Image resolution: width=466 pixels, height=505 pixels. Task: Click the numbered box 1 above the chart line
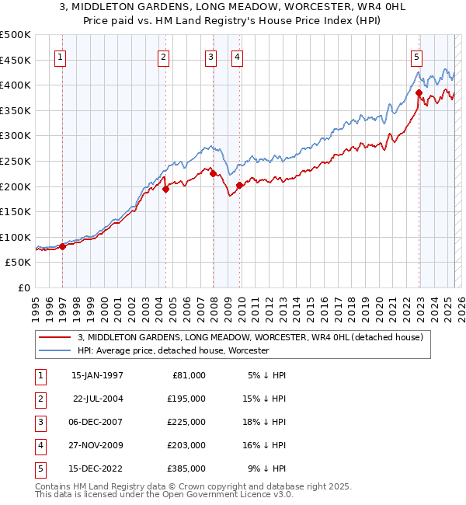point(61,56)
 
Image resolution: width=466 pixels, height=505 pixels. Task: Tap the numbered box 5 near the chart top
point(417,56)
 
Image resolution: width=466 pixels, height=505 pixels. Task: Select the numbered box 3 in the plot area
point(211,56)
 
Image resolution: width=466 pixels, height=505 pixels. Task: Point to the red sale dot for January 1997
point(63,246)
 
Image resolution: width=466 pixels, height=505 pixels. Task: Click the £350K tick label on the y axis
point(16,110)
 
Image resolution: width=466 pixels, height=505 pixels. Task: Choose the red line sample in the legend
point(54,337)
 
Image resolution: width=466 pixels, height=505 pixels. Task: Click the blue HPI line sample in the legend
point(54,351)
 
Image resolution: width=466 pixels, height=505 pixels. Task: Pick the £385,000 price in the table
point(188,468)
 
